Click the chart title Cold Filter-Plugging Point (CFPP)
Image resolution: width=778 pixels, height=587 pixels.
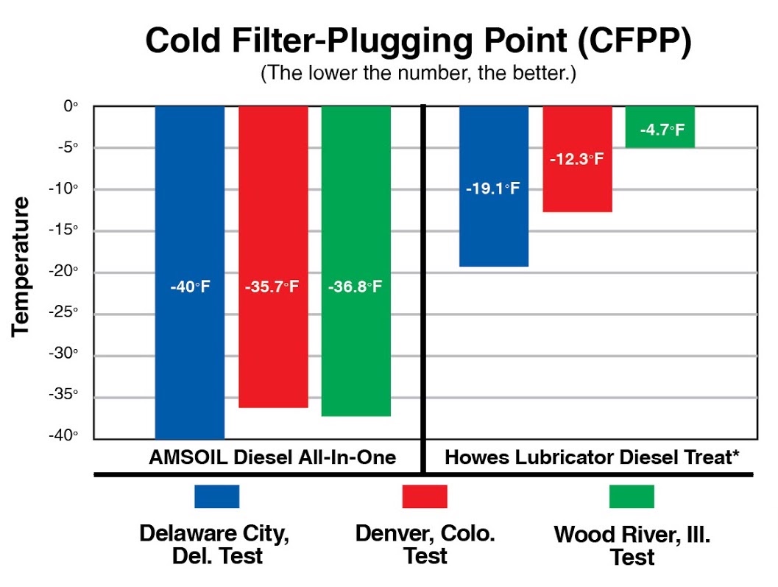tap(418, 42)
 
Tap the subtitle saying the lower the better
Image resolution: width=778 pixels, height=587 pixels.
tap(417, 76)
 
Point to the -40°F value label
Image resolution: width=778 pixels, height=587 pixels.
tap(189, 286)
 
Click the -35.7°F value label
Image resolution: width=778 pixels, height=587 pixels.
tap(272, 286)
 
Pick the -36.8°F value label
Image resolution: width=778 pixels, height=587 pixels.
tap(356, 286)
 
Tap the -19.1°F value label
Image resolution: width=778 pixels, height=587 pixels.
tap(493, 189)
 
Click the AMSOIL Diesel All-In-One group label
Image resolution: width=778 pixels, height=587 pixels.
tap(272, 457)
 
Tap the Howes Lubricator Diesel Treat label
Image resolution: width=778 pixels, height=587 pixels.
tap(592, 457)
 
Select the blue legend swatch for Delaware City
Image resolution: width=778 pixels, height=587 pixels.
tap(216, 496)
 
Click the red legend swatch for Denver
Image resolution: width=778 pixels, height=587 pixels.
tap(425, 496)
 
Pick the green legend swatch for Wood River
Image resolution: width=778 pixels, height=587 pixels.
tap(632, 496)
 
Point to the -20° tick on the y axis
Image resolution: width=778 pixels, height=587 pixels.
tap(68, 271)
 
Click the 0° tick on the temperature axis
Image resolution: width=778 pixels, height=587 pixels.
tap(71, 106)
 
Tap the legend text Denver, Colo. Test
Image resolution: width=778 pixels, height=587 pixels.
tap(425, 544)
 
